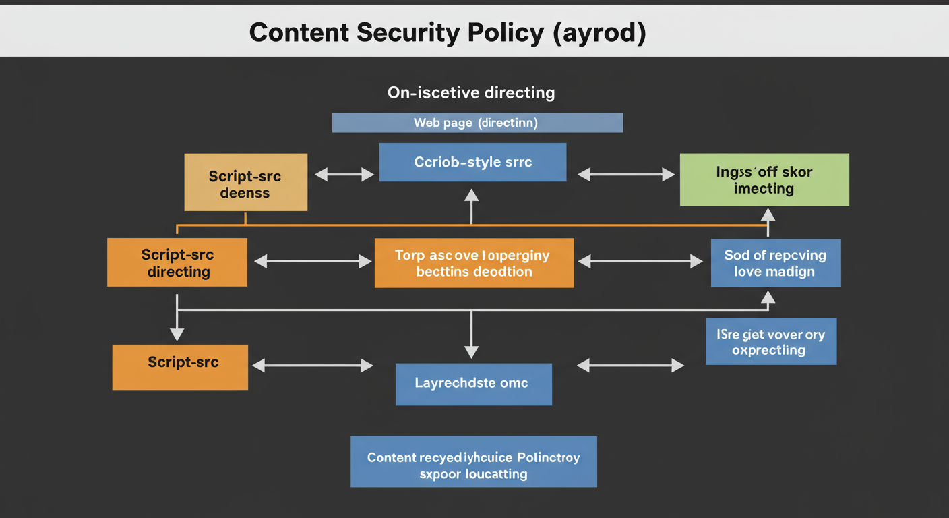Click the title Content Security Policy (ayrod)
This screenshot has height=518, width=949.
click(448, 32)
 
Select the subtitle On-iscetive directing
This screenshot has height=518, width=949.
click(471, 92)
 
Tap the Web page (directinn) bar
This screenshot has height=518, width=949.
click(477, 123)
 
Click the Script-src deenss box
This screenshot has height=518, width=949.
click(246, 182)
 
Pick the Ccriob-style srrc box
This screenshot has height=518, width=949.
click(472, 162)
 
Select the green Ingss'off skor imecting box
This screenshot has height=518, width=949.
click(764, 179)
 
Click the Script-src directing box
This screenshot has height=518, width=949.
click(177, 262)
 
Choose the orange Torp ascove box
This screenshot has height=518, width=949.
click(474, 263)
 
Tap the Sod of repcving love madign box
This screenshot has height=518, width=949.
click(776, 263)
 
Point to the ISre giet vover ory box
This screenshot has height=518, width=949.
click(771, 341)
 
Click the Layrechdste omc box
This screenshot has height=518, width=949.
click(473, 384)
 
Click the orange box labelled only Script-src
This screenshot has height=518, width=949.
click(180, 367)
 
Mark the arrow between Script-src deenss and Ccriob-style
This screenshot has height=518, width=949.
click(344, 175)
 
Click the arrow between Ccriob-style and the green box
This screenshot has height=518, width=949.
click(626, 175)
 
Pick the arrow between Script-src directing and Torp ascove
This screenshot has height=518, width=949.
click(313, 262)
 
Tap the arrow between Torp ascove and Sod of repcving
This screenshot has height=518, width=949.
click(640, 262)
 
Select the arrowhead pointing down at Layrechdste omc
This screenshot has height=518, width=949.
click(471, 351)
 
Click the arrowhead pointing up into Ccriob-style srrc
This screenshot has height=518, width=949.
click(471, 196)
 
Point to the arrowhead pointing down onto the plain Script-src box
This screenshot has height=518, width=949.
click(177, 333)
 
